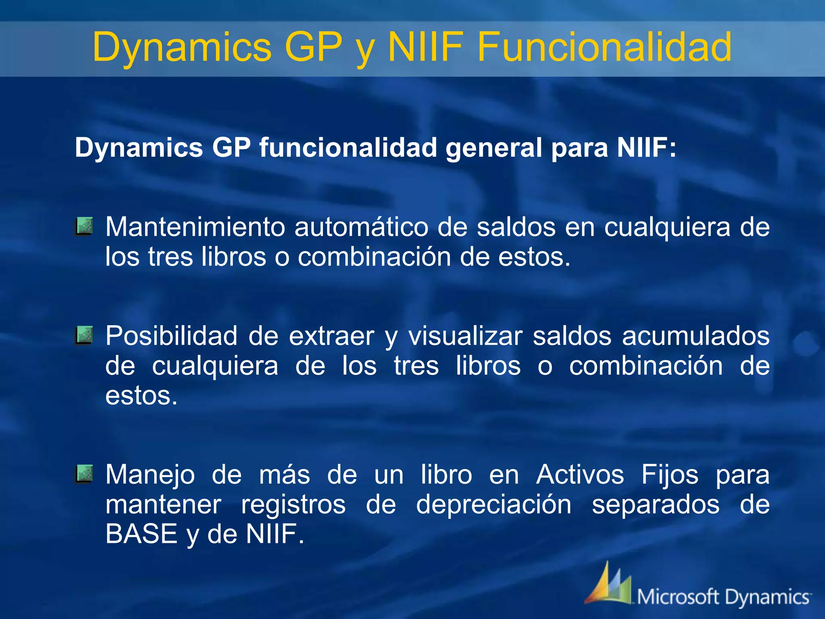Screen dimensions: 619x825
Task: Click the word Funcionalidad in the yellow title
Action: pos(604,48)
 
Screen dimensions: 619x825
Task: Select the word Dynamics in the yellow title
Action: pos(182,48)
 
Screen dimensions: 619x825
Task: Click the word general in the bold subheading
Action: pos(493,147)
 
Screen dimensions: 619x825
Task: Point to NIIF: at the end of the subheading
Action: pos(647,147)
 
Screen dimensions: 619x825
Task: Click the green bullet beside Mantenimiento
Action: pos(84,226)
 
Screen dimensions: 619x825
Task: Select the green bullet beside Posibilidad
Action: pos(84,335)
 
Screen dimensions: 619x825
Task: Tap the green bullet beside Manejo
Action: pos(84,474)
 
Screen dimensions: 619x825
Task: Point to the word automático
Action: pos(361,227)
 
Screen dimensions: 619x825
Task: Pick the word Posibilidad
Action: pos(172,336)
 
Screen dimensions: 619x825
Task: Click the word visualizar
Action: pos(465,336)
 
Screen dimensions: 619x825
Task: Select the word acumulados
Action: pos(696,336)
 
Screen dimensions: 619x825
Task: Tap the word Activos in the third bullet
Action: pos(580,475)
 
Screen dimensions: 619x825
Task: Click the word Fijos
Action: pos(670,475)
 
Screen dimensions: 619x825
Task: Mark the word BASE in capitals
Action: pos(141,534)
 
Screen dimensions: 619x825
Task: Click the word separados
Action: pos(655,505)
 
